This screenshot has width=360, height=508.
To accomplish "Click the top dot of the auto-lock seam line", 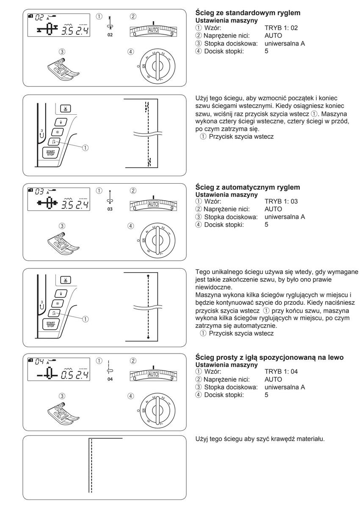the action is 147,276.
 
